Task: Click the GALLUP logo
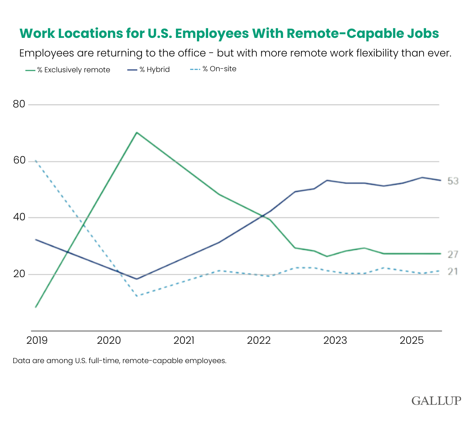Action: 436,400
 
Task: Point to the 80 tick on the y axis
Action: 19,104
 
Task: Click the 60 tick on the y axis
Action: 19,161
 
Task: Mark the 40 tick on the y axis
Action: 19,218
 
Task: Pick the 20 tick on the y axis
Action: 19,274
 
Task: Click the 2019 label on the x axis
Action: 37,340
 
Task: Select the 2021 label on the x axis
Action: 184,340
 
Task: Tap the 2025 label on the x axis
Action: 412,340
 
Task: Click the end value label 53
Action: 453,181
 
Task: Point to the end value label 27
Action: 453,254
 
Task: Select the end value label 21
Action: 453,272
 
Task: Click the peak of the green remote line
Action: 136,133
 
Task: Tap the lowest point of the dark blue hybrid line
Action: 136,279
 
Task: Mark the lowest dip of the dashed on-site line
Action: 136,296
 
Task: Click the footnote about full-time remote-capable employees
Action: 119,361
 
